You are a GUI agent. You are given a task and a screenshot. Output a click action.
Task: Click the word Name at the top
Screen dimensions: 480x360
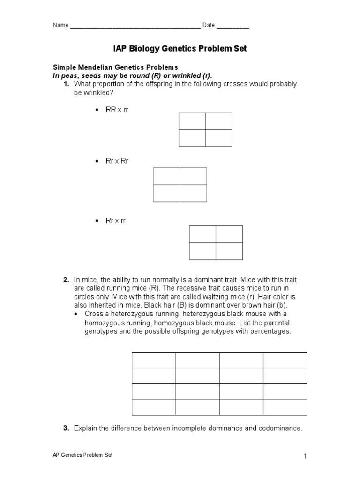click(60, 25)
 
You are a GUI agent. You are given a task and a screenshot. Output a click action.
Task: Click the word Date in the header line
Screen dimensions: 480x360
click(209, 25)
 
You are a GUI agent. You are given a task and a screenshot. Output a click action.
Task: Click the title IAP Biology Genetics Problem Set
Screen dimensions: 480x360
click(180, 49)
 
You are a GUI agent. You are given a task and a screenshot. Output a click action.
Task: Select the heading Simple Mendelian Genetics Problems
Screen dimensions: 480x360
click(115, 67)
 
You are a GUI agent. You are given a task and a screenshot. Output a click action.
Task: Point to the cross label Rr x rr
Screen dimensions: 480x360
click(116, 221)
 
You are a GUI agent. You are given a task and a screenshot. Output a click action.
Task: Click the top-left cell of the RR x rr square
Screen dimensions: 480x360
click(192, 121)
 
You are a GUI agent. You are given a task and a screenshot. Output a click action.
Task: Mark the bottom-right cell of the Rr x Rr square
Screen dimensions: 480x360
click(193, 193)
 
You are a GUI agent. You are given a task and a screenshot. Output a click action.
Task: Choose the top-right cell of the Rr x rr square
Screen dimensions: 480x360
click(229, 234)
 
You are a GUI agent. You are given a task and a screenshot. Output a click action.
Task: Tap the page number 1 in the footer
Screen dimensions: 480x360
click(305, 457)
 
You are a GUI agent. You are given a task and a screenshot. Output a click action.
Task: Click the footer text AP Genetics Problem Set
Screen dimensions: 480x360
click(82, 455)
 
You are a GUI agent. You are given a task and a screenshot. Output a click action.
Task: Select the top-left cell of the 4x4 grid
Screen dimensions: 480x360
click(154, 360)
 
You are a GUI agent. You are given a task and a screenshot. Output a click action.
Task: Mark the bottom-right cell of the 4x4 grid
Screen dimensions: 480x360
click(285, 407)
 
